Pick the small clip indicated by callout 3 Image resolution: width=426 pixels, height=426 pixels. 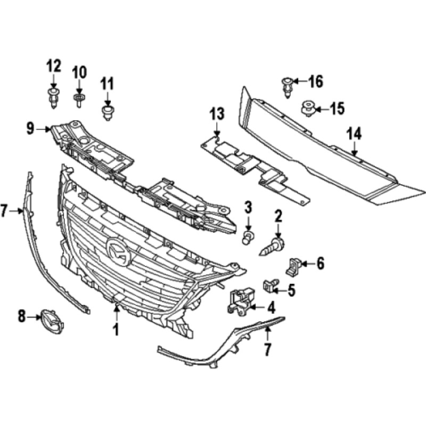pyautogui.click(x=248, y=237)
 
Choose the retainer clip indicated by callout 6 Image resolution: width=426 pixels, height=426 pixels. pyautogui.click(x=293, y=266)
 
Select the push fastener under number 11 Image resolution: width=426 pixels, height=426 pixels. pyautogui.click(x=108, y=112)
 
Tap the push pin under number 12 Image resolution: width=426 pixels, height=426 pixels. pyautogui.click(x=53, y=99)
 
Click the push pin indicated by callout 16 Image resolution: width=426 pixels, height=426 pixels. pyautogui.click(x=286, y=86)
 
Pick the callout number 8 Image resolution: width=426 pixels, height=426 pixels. pyautogui.click(x=22, y=317)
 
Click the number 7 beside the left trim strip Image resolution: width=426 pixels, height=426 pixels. pyautogui.click(x=5, y=211)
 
